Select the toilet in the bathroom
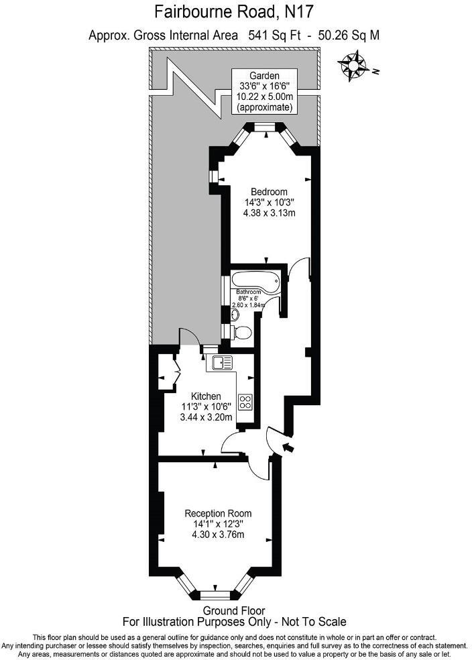[243, 331]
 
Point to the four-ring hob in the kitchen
[245, 402]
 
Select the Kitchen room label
[206, 396]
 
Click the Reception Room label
[219, 513]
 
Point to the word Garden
[263, 75]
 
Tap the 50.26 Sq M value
[348, 36]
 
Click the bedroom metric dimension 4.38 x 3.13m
[269, 213]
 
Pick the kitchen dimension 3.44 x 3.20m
[206, 417]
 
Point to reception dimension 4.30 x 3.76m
[219, 535]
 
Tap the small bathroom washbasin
[234, 313]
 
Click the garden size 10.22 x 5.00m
[263, 97]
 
